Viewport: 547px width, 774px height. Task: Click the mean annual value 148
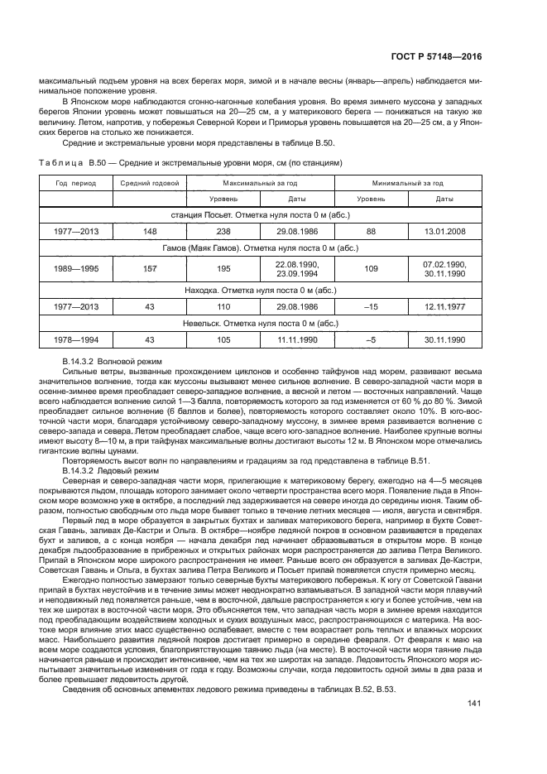click(150, 231)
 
